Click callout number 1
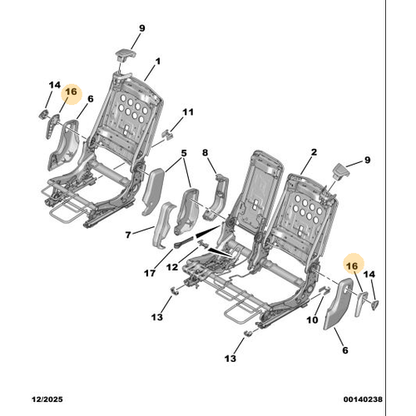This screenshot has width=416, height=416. point(157,62)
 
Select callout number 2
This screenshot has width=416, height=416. point(314,152)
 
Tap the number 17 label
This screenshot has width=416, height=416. point(150,273)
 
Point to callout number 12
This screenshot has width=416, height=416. point(172,267)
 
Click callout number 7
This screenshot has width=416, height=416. point(128,235)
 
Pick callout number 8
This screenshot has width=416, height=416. point(205,152)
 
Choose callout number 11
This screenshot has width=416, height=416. point(188,112)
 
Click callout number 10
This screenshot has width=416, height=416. point(312,319)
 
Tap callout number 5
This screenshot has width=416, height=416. point(184,153)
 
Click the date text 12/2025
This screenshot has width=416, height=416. point(47,399)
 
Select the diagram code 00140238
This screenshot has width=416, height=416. point(363,399)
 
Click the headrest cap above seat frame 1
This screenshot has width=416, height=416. point(126,54)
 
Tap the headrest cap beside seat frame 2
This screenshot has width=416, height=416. point(340,171)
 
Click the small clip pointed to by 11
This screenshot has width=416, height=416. point(168,134)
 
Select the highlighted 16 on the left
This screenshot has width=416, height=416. point(72,92)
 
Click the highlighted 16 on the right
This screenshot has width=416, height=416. point(352,266)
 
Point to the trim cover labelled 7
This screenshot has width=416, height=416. point(164,225)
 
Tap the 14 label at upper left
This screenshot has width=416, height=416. point(55,85)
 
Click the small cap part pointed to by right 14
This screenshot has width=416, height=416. point(375,305)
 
